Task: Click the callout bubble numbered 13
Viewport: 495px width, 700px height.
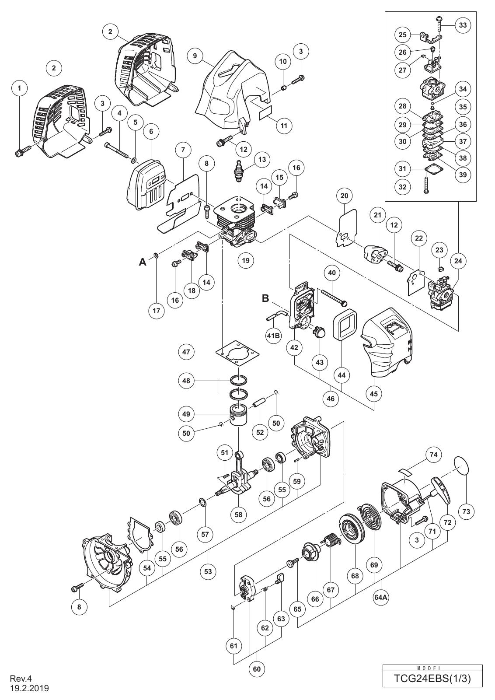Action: (x=262, y=159)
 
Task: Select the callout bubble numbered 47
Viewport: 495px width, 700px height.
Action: (x=186, y=352)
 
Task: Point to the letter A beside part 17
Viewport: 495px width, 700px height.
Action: (x=143, y=262)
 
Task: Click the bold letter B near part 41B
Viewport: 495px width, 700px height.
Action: (x=265, y=298)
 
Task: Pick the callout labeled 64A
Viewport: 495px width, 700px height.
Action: (x=381, y=597)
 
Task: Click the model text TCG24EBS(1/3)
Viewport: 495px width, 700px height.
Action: (x=432, y=679)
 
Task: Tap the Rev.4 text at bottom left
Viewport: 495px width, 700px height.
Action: (x=21, y=679)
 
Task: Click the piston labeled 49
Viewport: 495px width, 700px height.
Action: (x=239, y=415)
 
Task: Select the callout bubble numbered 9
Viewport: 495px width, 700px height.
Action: (x=195, y=56)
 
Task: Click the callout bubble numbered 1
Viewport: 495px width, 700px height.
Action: (x=20, y=88)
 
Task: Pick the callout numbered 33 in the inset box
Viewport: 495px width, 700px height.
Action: (x=463, y=24)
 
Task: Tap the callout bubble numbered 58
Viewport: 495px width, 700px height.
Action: (x=239, y=514)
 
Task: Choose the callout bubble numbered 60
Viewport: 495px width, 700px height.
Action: (x=257, y=669)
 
